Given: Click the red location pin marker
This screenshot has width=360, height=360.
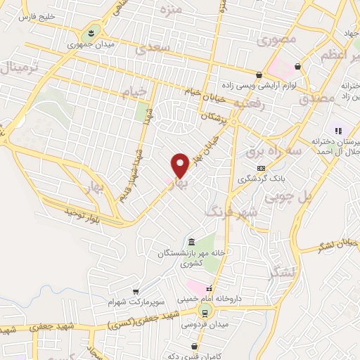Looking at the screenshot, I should (180, 165).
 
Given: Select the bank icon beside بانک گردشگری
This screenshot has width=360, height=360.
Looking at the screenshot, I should (261, 167).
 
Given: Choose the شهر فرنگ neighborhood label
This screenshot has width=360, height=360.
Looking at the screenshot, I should (231, 210).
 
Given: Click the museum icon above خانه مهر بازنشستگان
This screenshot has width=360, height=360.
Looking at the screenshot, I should (193, 242).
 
